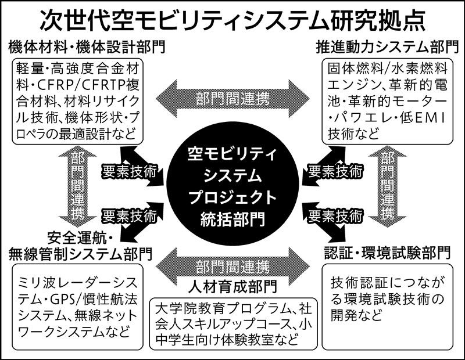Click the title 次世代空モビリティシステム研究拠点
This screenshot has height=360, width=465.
233,20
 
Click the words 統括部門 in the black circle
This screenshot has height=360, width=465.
233,219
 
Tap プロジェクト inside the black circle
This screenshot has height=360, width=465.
233,197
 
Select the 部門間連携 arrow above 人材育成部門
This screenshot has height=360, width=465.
233,267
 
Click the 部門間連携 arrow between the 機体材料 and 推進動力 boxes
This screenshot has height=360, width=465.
233,97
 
